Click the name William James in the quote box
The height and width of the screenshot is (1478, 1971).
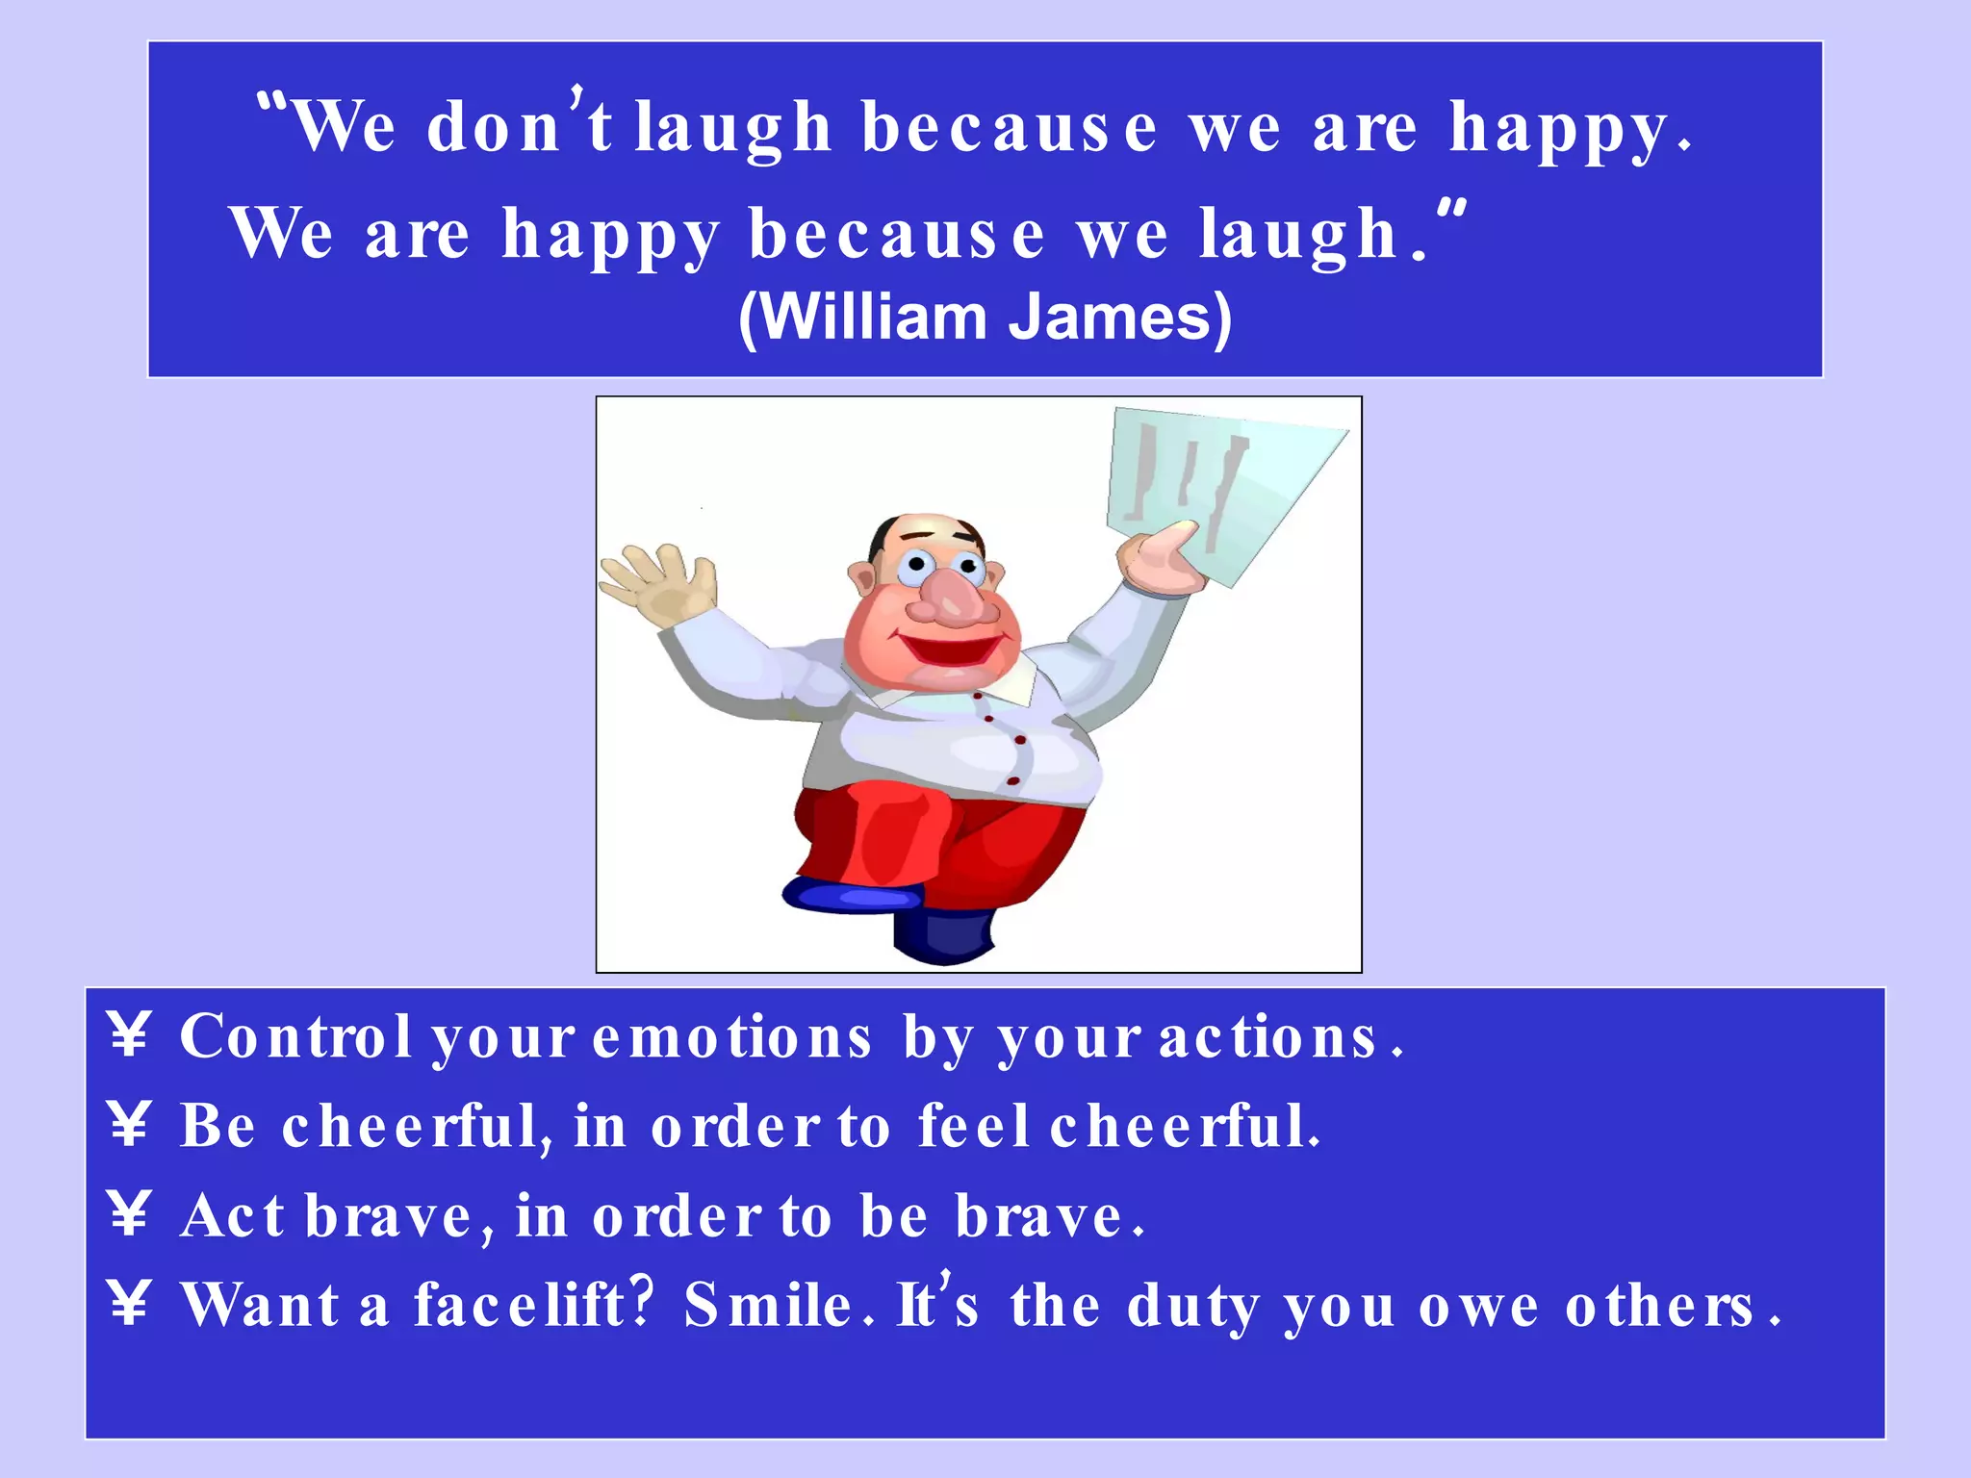click(x=985, y=318)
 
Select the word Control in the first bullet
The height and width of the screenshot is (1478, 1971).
click(x=295, y=1037)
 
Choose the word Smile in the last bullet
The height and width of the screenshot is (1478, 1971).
click(x=768, y=1306)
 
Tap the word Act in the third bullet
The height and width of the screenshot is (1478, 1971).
click(x=232, y=1216)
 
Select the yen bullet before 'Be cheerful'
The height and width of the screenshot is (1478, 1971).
click(x=129, y=1125)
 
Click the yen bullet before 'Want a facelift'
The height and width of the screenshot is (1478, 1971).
click(x=129, y=1304)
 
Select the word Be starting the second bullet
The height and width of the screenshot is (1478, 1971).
click(x=218, y=1125)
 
